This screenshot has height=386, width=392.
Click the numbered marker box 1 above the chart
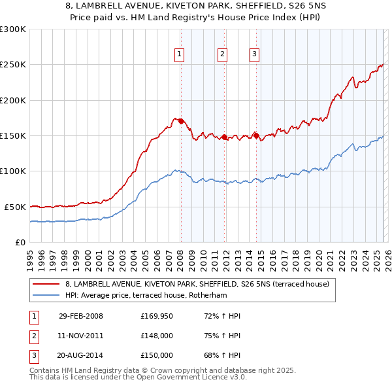(x=179, y=55)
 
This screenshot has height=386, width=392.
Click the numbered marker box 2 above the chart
(x=222, y=55)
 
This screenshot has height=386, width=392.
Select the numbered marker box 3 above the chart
(x=254, y=55)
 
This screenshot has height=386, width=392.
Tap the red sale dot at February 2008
(x=181, y=122)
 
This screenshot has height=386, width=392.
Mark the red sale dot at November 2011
(x=224, y=137)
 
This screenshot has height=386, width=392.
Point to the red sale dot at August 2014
(x=256, y=135)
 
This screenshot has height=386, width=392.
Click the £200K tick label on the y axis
(x=13, y=100)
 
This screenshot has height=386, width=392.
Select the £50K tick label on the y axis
(x=15, y=207)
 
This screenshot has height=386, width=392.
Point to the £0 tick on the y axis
(x=20, y=242)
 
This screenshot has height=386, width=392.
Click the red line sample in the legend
(x=46, y=284)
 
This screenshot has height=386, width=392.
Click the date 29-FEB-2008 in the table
(x=80, y=316)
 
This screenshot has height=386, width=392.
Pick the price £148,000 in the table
(x=156, y=336)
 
